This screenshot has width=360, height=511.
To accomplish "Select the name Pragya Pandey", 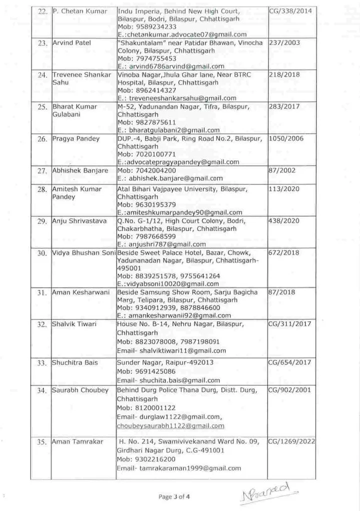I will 76,138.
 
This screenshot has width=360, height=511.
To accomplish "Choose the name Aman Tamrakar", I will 76,442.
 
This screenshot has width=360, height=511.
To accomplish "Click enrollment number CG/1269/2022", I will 291,441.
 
